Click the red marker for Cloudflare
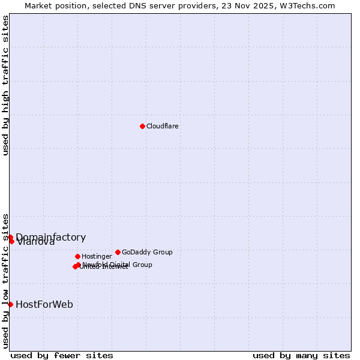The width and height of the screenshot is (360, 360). point(142,126)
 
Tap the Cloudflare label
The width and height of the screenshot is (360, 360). point(163,127)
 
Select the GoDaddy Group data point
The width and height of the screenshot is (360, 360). point(118,252)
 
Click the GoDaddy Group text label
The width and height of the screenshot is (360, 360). point(147,252)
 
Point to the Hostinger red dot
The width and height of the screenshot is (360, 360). point(77,256)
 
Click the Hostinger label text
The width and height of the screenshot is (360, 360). point(97,257)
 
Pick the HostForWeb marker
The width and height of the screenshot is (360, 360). point(10,304)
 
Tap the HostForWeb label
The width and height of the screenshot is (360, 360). point(44,305)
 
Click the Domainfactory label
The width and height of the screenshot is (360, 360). point(51,237)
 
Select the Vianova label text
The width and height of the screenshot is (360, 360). point(36,242)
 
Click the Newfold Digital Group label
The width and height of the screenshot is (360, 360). point(118,265)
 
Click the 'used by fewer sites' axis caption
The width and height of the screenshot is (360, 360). point(62,356)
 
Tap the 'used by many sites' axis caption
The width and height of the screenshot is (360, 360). point(301,356)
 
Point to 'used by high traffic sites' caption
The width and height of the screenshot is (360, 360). point(5,85)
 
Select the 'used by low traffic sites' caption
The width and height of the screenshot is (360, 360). point(5,280)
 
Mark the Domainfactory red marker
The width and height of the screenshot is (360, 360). point(10,238)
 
